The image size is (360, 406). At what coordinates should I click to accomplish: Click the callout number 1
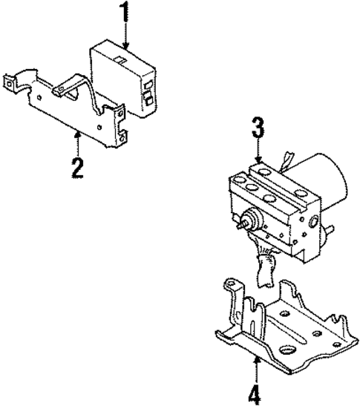(x=125, y=13)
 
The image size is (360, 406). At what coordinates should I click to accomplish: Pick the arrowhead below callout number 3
(x=257, y=161)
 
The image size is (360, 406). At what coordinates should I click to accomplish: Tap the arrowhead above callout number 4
(x=255, y=358)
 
